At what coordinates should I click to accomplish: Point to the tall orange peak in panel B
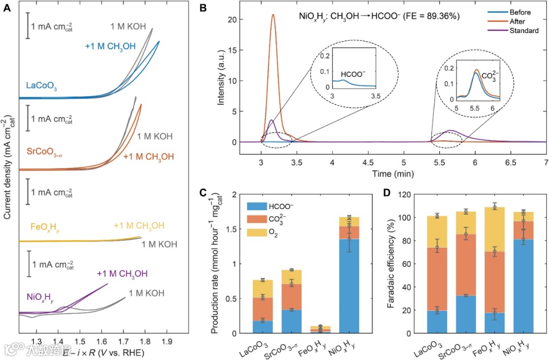tap(273, 15)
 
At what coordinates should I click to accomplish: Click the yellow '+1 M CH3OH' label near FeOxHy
tap(139, 226)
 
